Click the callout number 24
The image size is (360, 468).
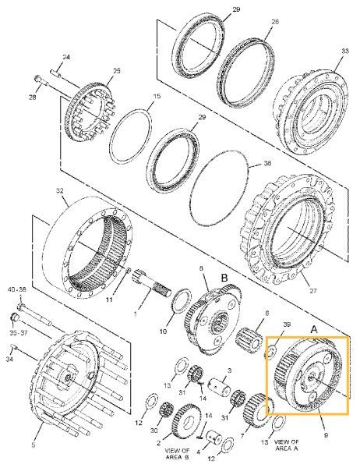pos(66,57)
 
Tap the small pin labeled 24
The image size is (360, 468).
pos(56,73)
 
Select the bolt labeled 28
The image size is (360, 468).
pos(41,80)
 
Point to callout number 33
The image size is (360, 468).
pos(344,51)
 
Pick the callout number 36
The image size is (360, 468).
pos(267,163)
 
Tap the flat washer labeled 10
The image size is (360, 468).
pos(182,301)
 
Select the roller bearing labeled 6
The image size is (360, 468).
pos(250,339)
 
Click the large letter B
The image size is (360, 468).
pos(224,278)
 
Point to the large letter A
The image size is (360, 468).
pos(314,329)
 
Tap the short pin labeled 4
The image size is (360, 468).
pos(214,438)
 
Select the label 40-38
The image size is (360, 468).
pos(16,289)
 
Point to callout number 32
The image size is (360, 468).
pos(60,190)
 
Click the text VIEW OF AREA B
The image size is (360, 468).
pos(177,454)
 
